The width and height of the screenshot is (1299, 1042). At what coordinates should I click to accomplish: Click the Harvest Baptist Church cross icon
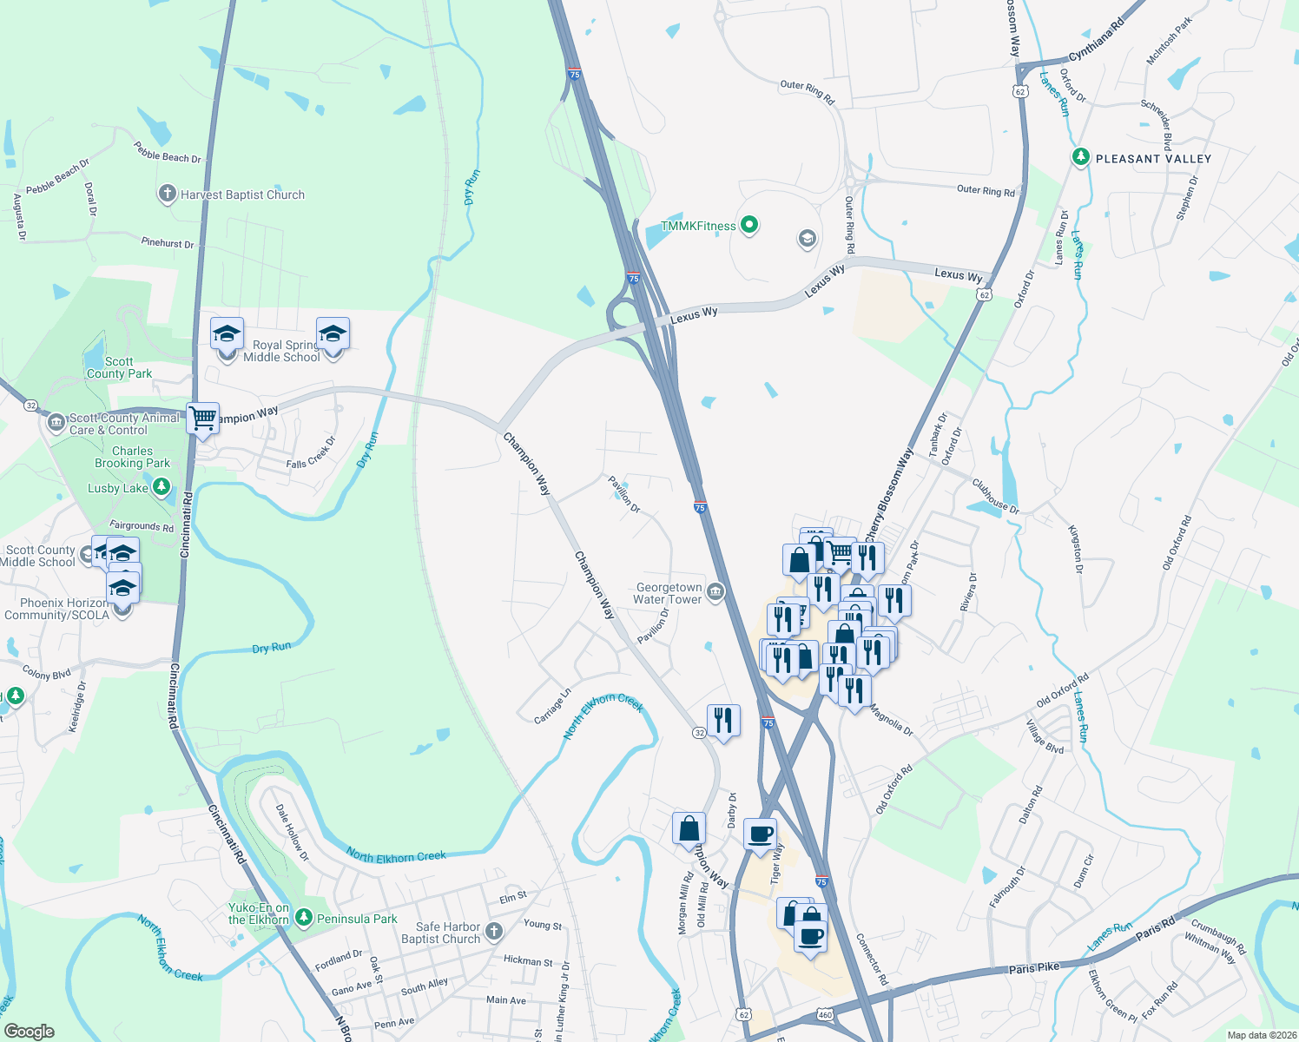pos(168,194)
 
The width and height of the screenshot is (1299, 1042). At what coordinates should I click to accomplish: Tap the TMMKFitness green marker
pos(748,225)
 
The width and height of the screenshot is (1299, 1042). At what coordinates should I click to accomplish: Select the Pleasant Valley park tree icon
pos(1080,157)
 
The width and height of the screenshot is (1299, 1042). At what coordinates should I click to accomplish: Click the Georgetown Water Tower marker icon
pos(715,592)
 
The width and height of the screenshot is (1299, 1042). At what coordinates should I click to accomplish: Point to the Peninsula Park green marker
pos(304,917)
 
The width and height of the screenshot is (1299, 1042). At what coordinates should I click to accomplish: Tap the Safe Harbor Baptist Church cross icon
pos(494,932)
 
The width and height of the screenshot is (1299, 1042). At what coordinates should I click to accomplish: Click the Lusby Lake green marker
pos(162,487)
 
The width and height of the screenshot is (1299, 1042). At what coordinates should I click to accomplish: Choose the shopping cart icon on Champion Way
pos(203,419)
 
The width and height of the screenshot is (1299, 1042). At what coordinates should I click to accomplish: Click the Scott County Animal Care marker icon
pos(56,423)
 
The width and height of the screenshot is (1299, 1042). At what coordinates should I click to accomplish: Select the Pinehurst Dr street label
pos(168,242)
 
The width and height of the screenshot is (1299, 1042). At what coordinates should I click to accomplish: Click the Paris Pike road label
pos(1033,967)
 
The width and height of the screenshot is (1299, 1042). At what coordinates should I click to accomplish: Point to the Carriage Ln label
pos(552,706)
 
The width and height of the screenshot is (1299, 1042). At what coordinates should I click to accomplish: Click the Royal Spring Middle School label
pos(281,351)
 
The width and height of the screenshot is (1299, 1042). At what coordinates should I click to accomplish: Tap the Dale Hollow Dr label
pos(293,832)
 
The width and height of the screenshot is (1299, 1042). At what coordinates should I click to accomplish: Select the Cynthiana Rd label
pos(1096,40)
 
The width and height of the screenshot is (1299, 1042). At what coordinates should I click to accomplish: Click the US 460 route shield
pos(825,1014)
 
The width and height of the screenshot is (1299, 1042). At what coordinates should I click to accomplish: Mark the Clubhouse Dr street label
pos(995,497)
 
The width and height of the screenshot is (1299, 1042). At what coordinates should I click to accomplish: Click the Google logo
pos(29,1032)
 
